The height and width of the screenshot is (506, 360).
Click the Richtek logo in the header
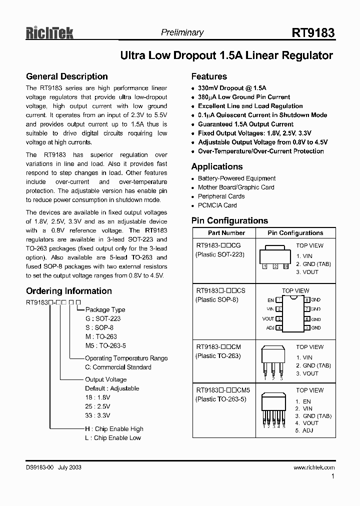[x=49, y=33]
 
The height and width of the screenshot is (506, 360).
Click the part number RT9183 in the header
[x=313, y=33]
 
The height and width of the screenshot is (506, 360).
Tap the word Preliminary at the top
[x=182, y=32]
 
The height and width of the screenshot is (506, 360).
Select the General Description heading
[x=66, y=76]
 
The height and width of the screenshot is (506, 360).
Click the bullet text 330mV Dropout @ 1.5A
[x=232, y=88]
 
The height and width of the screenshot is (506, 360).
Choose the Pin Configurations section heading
[x=229, y=220]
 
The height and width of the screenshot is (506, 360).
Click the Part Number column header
[x=226, y=233]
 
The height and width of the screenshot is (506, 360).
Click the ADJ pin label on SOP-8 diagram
[x=270, y=328]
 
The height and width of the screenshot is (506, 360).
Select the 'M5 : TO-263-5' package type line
[x=106, y=346]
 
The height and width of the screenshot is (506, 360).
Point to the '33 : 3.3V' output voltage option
[x=97, y=415]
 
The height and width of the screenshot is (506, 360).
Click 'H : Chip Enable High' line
[x=113, y=429]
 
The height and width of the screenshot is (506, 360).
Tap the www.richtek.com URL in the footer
[x=314, y=467]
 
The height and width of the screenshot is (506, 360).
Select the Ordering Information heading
[x=68, y=291]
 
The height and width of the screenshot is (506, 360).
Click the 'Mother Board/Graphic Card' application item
[x=236, y=187]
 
